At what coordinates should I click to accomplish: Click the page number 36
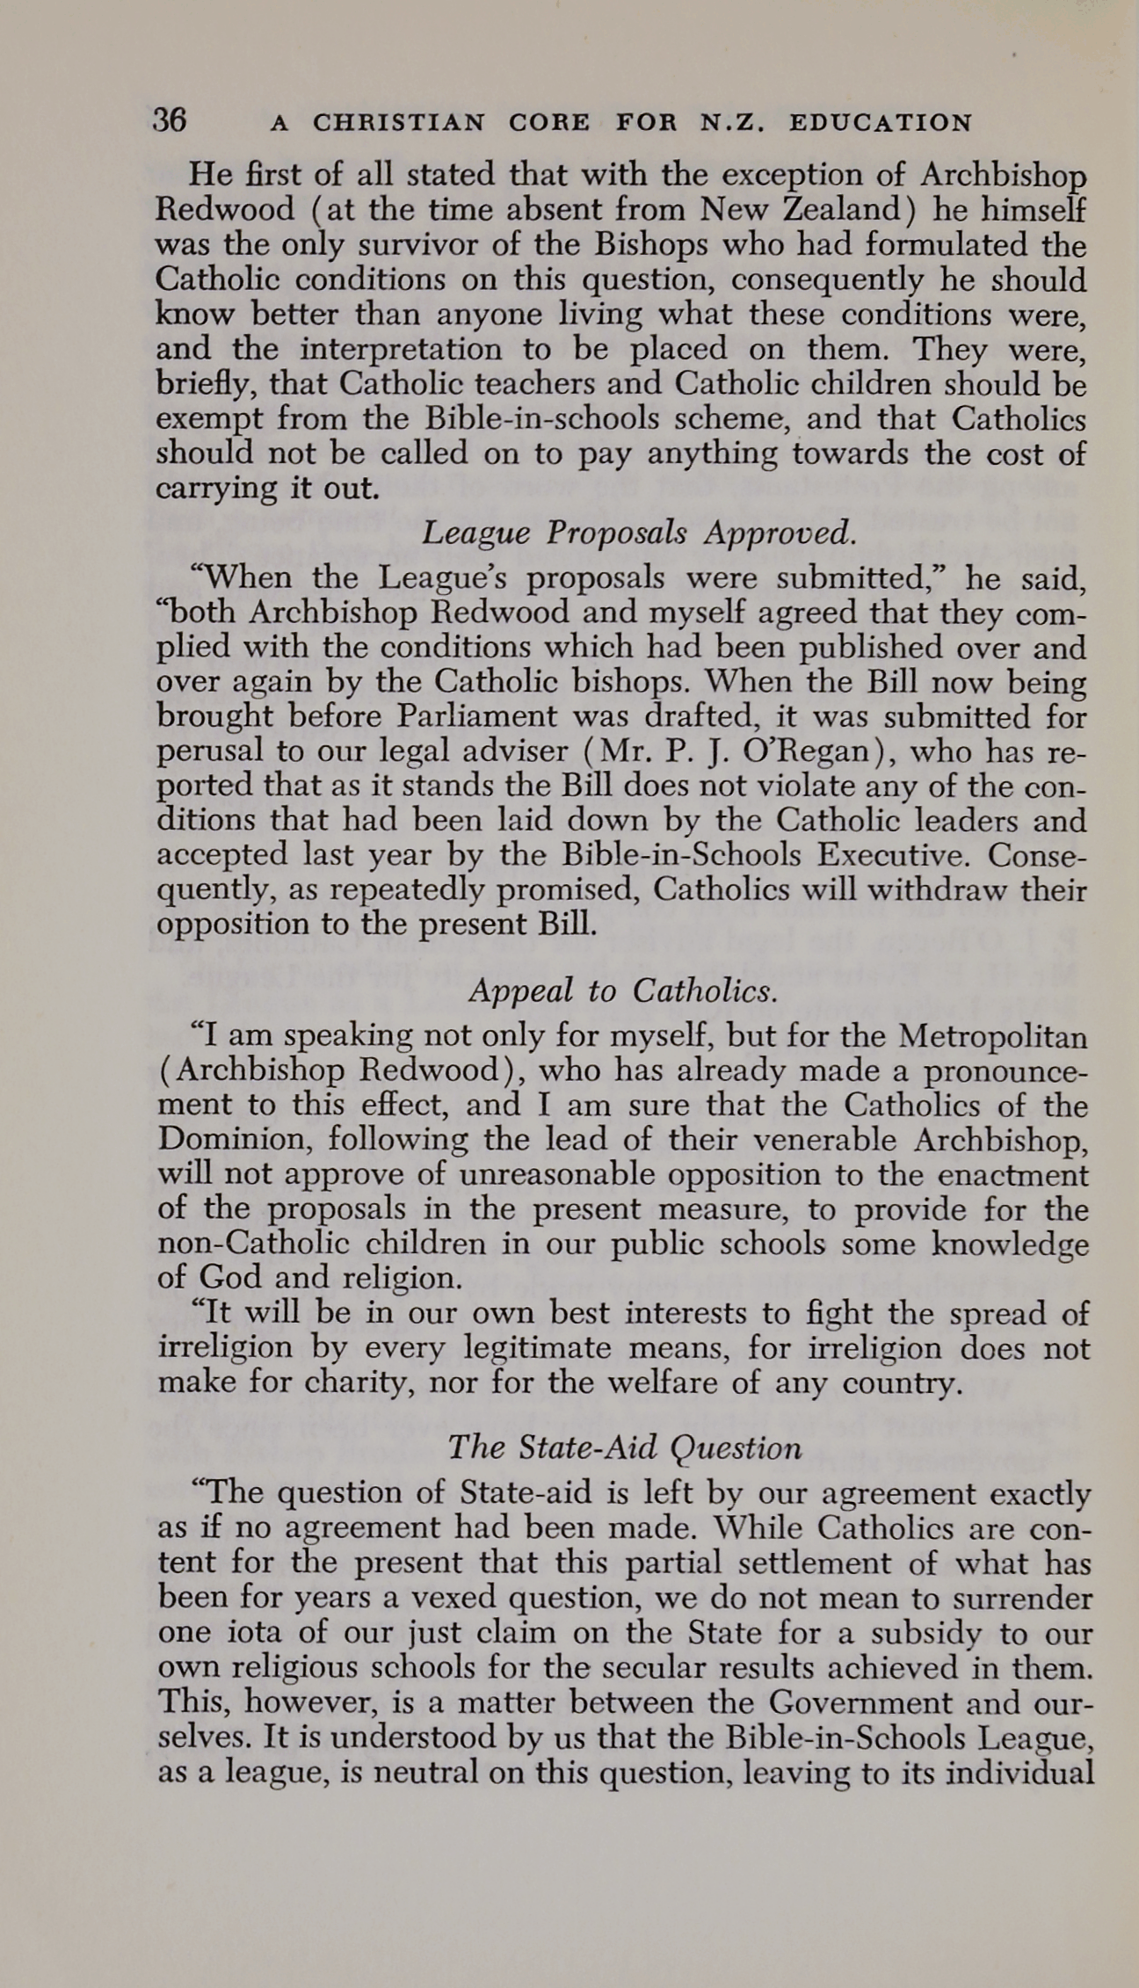pos(169,120)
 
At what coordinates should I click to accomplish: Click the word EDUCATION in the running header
pos(881,123)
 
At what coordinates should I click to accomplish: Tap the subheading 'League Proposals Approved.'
pos(639,533)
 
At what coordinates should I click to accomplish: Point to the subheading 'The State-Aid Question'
pos(624,1447)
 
